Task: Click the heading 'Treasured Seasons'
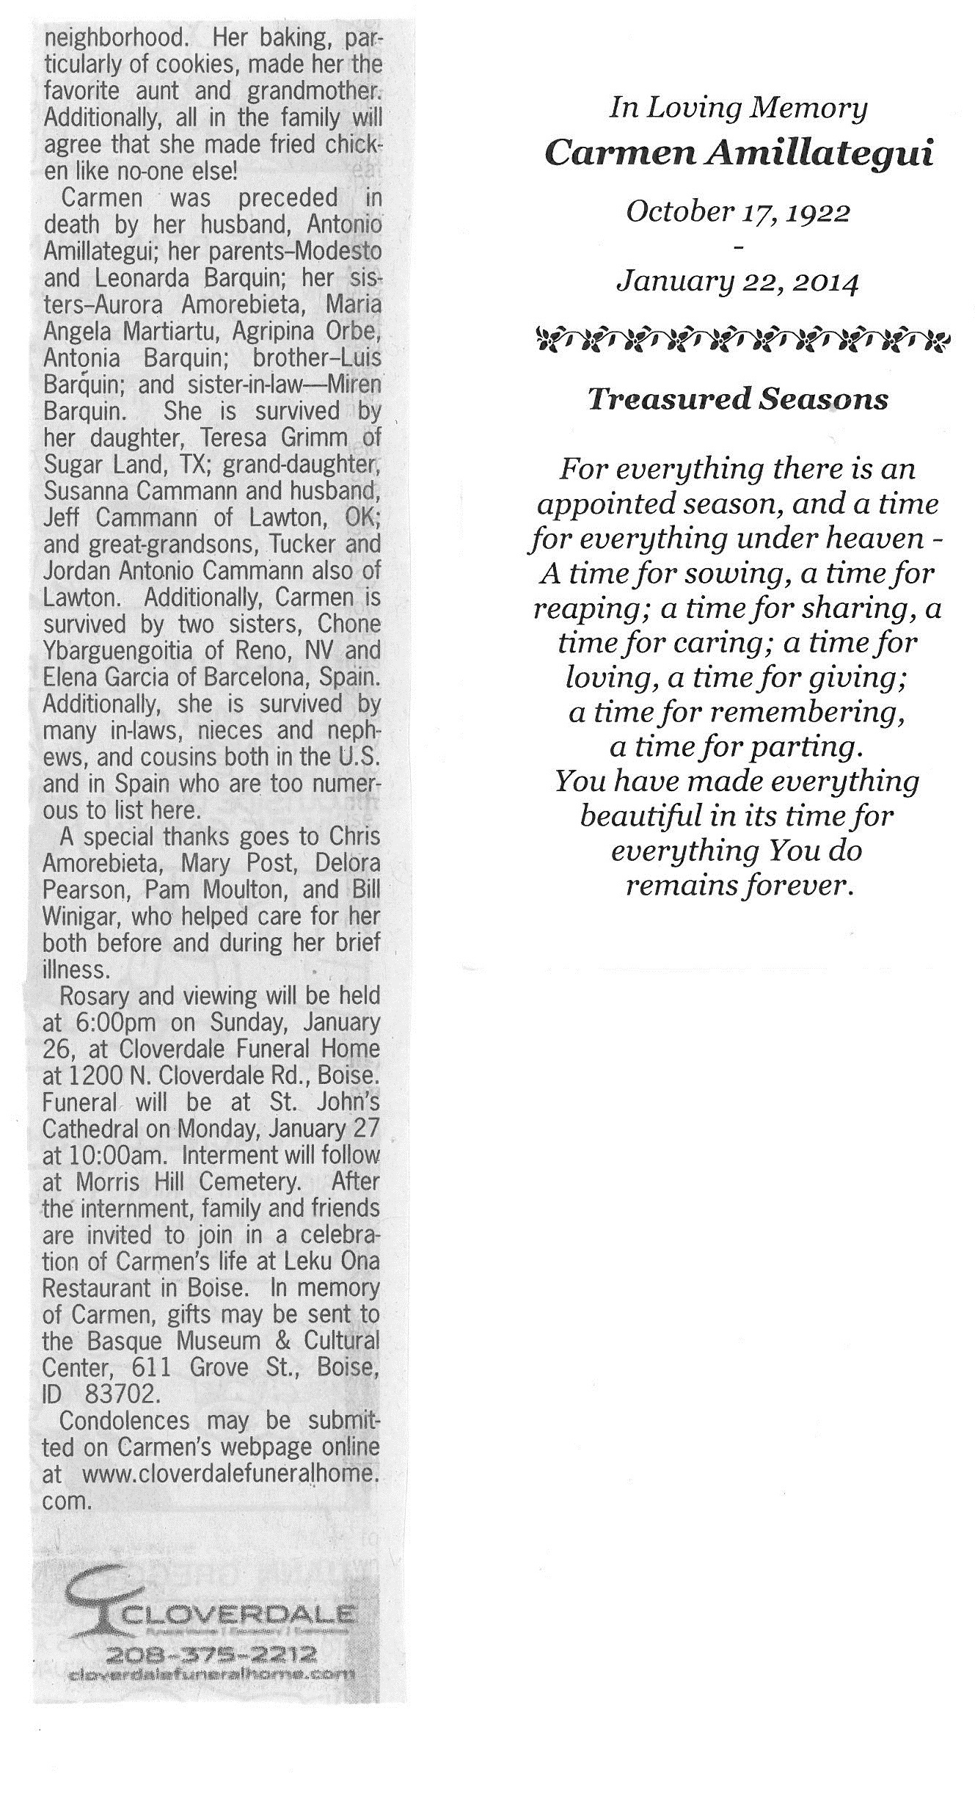tap(738, 399)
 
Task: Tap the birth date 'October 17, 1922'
tap(738, 212)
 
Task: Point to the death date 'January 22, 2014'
tap(738, 280)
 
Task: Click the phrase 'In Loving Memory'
tap(738, 109)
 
